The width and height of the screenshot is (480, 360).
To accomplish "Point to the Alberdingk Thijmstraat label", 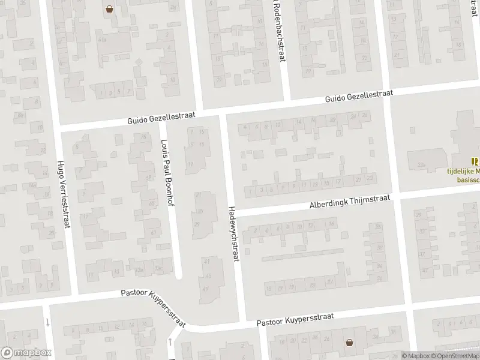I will coord(350,201).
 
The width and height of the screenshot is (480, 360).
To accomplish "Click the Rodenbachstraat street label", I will coord(277,30).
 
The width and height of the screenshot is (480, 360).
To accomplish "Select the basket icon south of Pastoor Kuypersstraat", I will coord(349,343).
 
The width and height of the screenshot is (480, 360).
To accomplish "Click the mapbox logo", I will coord(25,353).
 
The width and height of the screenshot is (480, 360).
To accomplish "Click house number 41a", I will coord(103,39).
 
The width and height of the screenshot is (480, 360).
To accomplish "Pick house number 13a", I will coord(157,267).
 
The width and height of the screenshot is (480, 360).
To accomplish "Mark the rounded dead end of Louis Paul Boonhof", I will coord(178,276).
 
